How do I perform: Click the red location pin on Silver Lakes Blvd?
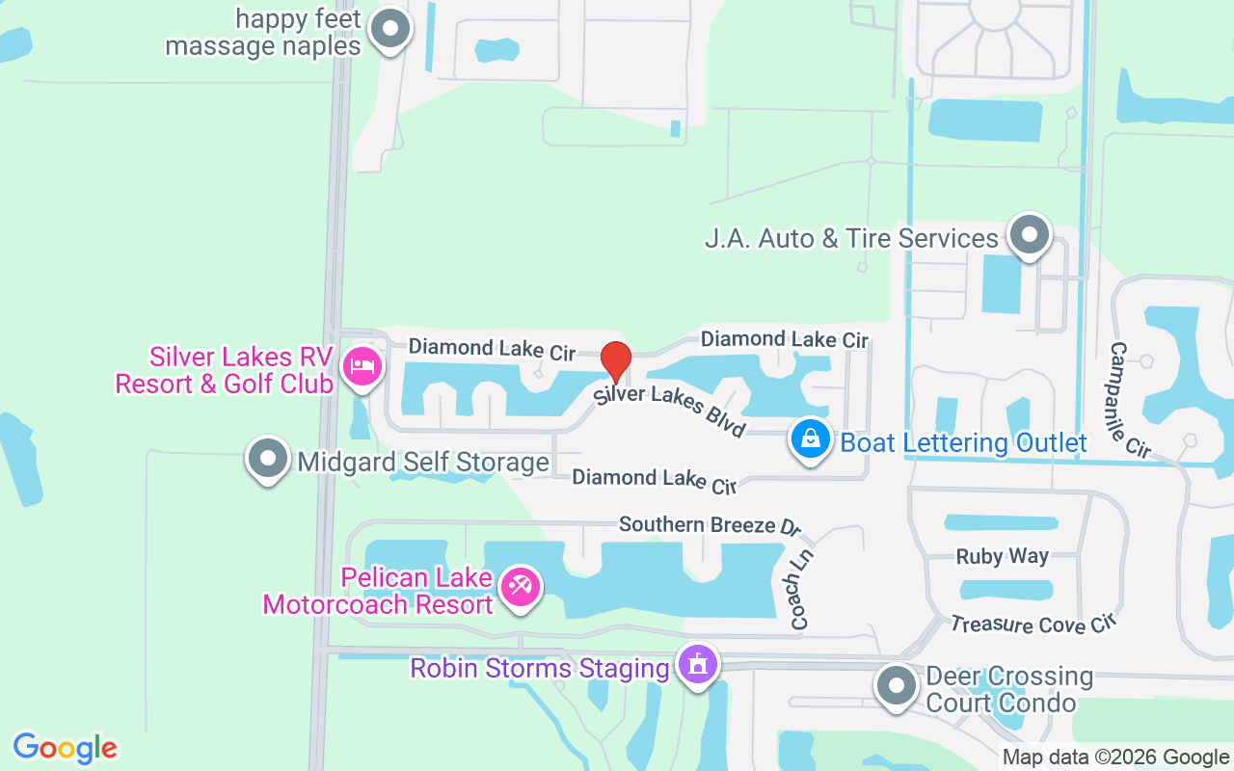click(616, 361)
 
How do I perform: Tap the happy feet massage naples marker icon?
click(390, 29)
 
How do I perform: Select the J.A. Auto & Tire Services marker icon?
click(1029, 234)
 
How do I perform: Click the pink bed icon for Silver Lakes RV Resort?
click(362, 366)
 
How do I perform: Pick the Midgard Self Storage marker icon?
click(268, 459)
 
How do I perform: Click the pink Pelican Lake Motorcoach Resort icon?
click(521, 586)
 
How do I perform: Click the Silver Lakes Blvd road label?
click(669, 412)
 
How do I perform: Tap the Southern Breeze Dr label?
click(711, 525)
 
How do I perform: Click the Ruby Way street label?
click(1002, 556)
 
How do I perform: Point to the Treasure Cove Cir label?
click(1033, 625)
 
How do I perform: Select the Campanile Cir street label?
click(1130, 399)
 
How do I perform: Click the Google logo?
click(66, 748)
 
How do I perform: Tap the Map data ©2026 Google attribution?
click(1115, 758)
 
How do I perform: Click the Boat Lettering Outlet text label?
click(963, 442)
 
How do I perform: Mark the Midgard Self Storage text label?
click(423, 463)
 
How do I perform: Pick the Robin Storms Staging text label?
click(539, 667)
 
